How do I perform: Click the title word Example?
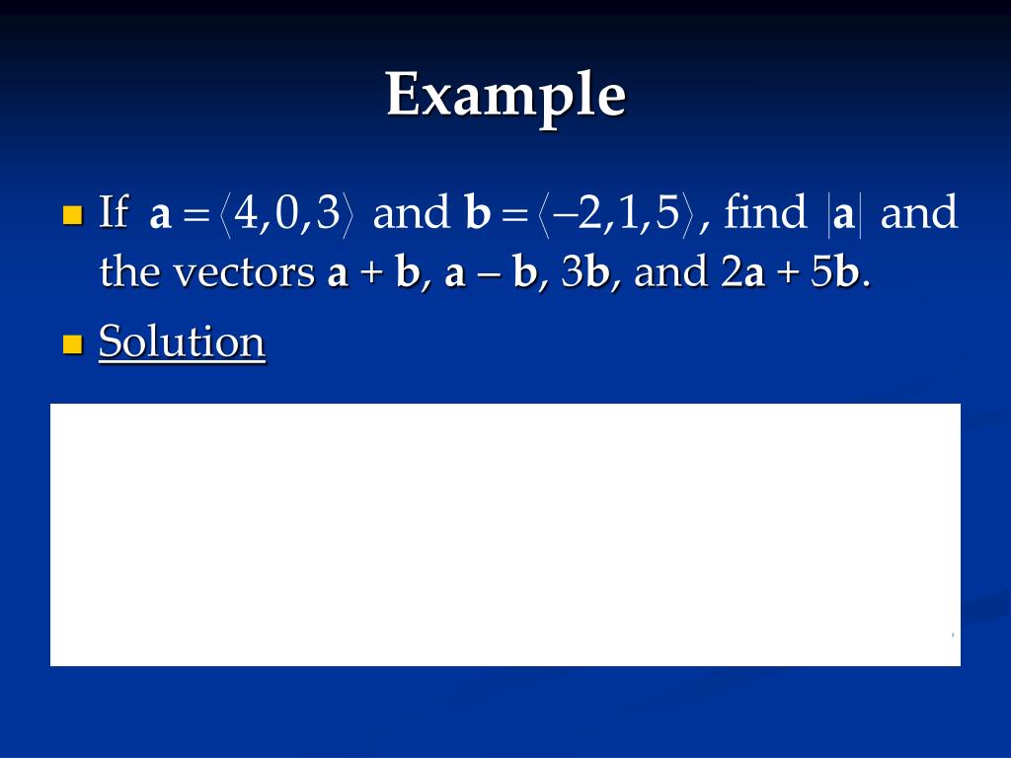[506, 97]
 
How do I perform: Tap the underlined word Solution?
[182, 341]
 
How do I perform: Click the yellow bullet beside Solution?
[73, 344]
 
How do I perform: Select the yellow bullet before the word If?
[73, 214]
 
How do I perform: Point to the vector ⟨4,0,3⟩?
[286, 214]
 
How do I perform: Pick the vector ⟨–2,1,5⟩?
[616, 214]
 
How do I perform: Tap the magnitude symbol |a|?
[844, 215]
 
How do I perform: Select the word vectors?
[244, 271]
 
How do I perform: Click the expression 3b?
[585, 271]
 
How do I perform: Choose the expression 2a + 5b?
[791, 271]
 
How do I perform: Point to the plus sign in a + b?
[371, 273]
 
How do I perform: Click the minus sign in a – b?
[490, 275]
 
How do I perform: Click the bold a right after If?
[161, 216]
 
